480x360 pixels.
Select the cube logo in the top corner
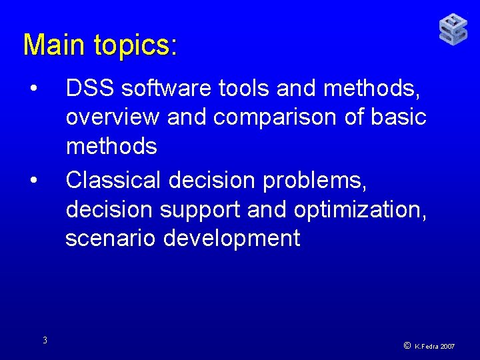(x=453, y=29)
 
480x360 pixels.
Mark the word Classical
(x=114, y=180)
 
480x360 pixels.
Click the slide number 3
(x=45, y=341)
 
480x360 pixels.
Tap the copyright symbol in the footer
(x=407, y=346)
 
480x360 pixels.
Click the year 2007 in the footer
(x=447, y=347)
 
